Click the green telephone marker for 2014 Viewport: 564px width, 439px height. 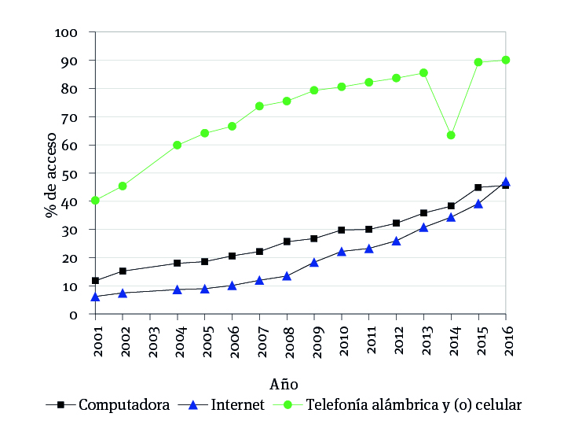pos(451,135)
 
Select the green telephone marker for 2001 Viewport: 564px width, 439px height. pos(95,201)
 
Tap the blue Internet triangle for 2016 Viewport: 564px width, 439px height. pos(506,182)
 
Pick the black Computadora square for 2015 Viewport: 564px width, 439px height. pos(478,187)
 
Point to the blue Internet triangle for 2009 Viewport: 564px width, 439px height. pos(314,262)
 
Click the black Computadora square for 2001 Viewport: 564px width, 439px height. pos(95,281)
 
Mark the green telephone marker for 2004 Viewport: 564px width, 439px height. pos(178,145)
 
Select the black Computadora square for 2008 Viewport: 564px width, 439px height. pos(287,242)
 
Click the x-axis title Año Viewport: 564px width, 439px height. pos(284,385)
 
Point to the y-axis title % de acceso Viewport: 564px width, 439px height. pos(52,174)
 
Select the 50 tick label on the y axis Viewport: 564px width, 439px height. pos(69,173)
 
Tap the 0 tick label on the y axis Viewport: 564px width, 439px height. pos(73,315)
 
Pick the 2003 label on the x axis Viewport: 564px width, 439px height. pos(150,339)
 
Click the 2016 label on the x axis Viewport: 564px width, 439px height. pos(506,339)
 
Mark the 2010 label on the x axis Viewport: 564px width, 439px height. pos(342,339)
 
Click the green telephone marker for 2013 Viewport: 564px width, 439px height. pos(423,73)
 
